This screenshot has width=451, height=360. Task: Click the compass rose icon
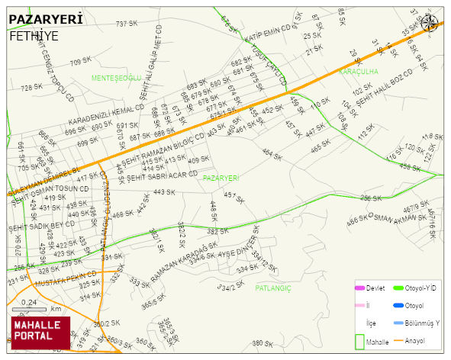point(430,23)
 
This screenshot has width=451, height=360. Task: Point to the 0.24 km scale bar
point(31,309)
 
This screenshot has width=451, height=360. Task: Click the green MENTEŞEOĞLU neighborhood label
point(116,79)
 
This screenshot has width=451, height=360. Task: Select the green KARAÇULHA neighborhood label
point(359,71)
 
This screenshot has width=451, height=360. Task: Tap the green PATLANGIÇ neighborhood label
point(273,288)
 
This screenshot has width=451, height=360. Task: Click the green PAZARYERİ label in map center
point(221,178)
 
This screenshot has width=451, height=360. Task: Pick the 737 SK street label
point(126,24)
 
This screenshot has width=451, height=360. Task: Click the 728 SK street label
point(31,88)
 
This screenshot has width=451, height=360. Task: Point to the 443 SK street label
point(163,192)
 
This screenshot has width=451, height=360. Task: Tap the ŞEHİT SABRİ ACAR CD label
point(163,176)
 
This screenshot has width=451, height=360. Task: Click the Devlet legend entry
point(373,288)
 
